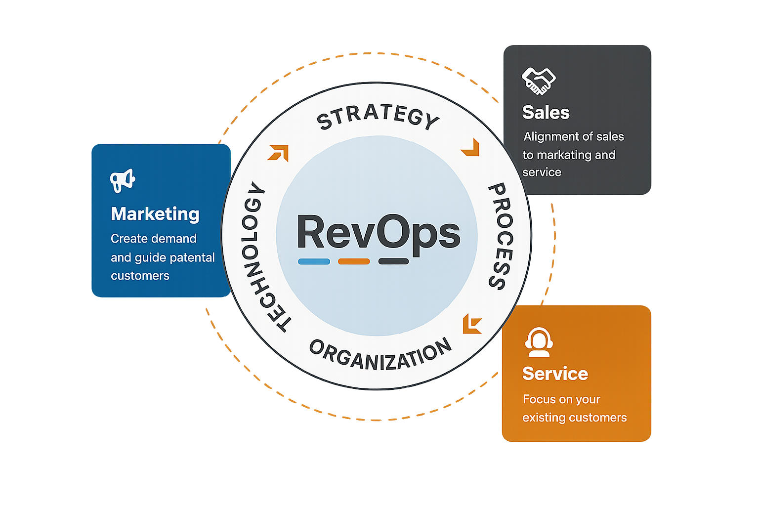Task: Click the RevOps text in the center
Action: coord(379,233)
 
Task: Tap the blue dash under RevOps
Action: coord(314,261)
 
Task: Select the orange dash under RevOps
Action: coord(354,261)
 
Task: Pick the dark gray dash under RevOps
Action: coord(393,261)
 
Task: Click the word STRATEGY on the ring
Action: coord(378,117)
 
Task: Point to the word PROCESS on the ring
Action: coord(500,236)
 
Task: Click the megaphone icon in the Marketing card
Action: coord(123,180)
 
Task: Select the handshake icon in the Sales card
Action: coord(538,81)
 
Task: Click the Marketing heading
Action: coord(155,214)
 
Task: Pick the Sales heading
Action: coord(546,113)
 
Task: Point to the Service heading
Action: coord(555,374)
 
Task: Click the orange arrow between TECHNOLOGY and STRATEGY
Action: coord(278,153)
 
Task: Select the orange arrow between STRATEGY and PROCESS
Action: coord(471,148)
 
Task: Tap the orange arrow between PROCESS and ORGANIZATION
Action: coord(472,324)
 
